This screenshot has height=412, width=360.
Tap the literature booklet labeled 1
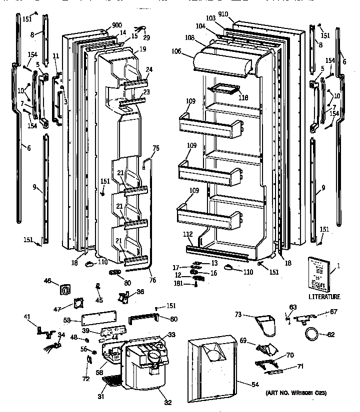tap(319, 273)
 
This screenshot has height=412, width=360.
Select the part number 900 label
tap(117, 25)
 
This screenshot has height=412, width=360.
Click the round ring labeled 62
tap(312, 334)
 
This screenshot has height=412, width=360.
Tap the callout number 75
tap(155, 148)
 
